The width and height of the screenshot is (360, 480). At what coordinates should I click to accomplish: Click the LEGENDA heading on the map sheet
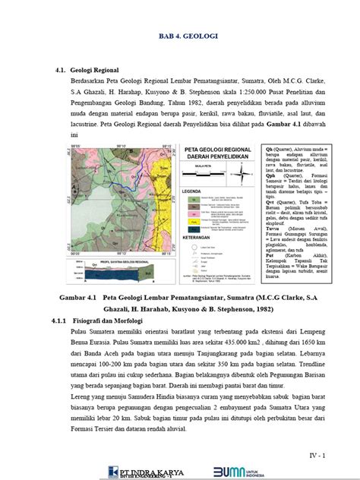pyautogui.click(x=190, y=191)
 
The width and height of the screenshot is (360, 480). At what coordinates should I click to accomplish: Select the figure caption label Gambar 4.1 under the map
pyautogui.click(x=80, y=279)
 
